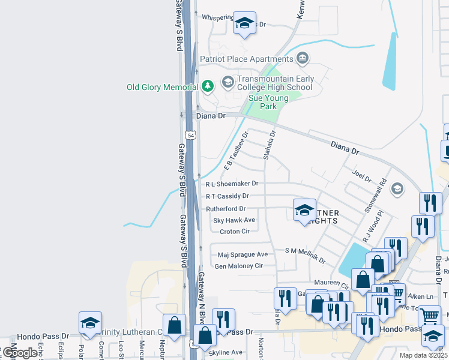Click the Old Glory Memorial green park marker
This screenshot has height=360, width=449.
pyautogui.click(x=208, y=87)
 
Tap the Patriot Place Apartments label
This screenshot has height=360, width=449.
pyautogui.click(x=246, y=59)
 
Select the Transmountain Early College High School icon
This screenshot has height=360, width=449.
pyautogui.click(x=228, y=82)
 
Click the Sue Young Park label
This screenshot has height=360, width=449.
pyautogui.click(x=268, y=102)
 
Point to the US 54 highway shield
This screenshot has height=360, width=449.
pyautogui.click(x=190, y=136)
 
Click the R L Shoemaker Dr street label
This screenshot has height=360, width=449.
pyautogui.click(x=232, y=184)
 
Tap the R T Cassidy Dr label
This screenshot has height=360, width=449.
pyautogui.click(x=227, y=196)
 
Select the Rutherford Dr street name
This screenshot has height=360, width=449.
pyautogui.click(x=226, y=209)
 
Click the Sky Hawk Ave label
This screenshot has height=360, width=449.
pyautogui.click(x=234, y=220)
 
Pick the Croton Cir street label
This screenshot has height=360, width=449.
pyautogui.click(x=234, y=232)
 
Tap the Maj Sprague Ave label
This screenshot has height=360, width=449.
pyautogui.click(x=243, y=254)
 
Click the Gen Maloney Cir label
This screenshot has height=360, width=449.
pyautogui.click(x=239, y=266)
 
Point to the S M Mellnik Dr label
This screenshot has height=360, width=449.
pyautogui.click(x=305, y=256)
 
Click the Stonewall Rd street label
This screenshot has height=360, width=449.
pyautogui.click(x=373, y=200)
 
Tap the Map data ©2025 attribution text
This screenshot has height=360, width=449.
pyautogui.click(x=423, y=355)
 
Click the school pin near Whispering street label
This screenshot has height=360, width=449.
pyautogui.click(x=244, y=23)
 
